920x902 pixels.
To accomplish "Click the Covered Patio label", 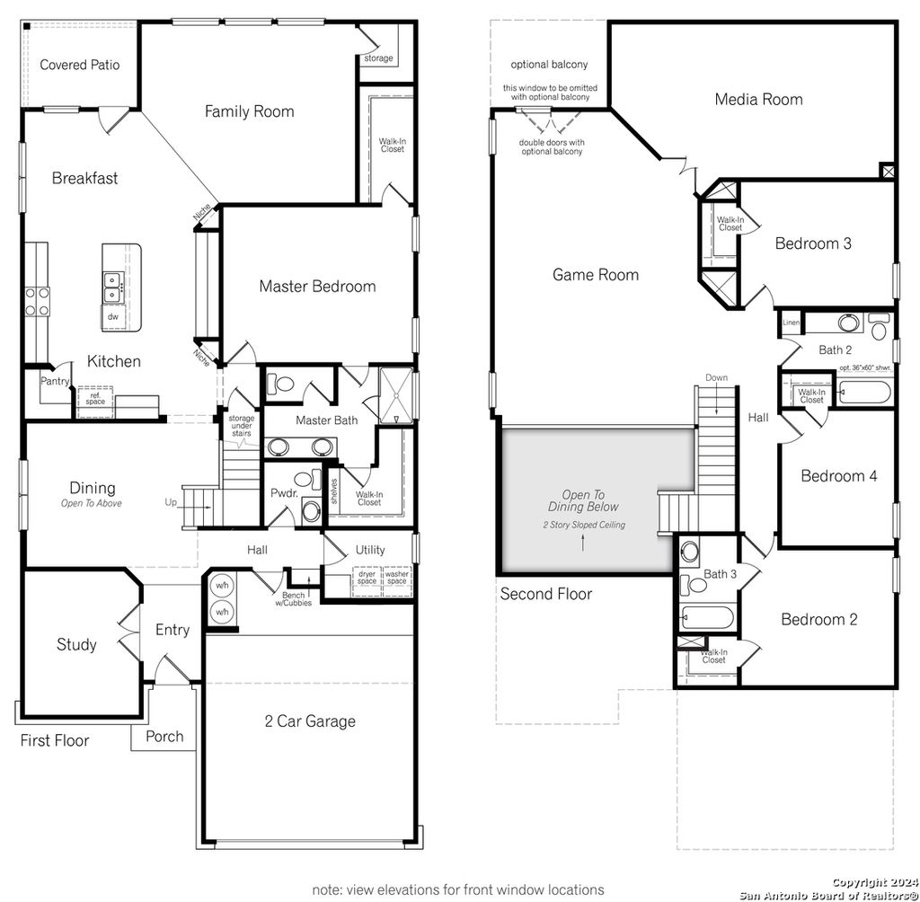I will click(79, 65).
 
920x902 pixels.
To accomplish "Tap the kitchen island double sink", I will click(113, 288).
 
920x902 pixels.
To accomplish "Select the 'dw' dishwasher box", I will click(113, 316).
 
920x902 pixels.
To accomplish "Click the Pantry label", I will click(54, 381).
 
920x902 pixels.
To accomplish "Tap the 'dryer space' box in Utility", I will click(367, 579).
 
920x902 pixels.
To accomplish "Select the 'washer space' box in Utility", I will click(396, 579).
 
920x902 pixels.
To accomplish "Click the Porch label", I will click(164, 737).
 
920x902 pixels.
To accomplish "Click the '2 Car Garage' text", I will click(310, 721).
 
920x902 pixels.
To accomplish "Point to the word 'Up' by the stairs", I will click(171, 503).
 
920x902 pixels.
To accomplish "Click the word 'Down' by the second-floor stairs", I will click(716, 377).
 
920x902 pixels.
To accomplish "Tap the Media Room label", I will click(758, 100).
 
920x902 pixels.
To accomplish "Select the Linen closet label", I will click(791, 323).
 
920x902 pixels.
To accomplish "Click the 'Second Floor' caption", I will click(546, 594).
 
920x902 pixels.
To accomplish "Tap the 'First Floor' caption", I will click(55, 741).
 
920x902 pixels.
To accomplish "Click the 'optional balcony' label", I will click(549, 65).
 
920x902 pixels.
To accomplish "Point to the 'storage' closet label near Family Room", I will click(378, 58).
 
